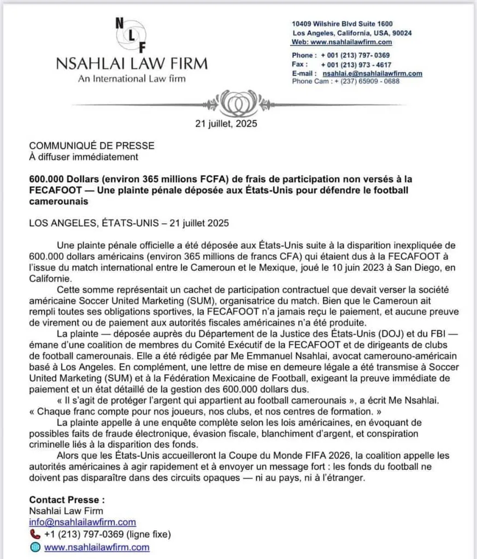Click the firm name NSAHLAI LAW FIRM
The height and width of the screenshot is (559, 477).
point(132,63)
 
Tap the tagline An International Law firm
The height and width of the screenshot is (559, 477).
point(132,78)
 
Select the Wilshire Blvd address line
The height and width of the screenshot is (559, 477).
point(343,24)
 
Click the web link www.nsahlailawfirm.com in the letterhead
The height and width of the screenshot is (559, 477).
point(351,42)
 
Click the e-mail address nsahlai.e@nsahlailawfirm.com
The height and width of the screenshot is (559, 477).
point(372,73)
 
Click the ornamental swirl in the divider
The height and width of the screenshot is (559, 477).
point(238,102)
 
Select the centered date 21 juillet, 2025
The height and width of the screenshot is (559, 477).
point(226,123)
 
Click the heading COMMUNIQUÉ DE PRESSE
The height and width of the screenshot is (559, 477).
point(92,146)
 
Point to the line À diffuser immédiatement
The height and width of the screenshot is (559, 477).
point(84,157)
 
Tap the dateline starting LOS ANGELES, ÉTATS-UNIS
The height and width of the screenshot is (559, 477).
point(126,223)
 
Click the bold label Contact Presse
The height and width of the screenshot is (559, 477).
point(67,499)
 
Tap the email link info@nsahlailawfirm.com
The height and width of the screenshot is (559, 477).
point(83,522)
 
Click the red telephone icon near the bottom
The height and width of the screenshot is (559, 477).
point(34,534)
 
